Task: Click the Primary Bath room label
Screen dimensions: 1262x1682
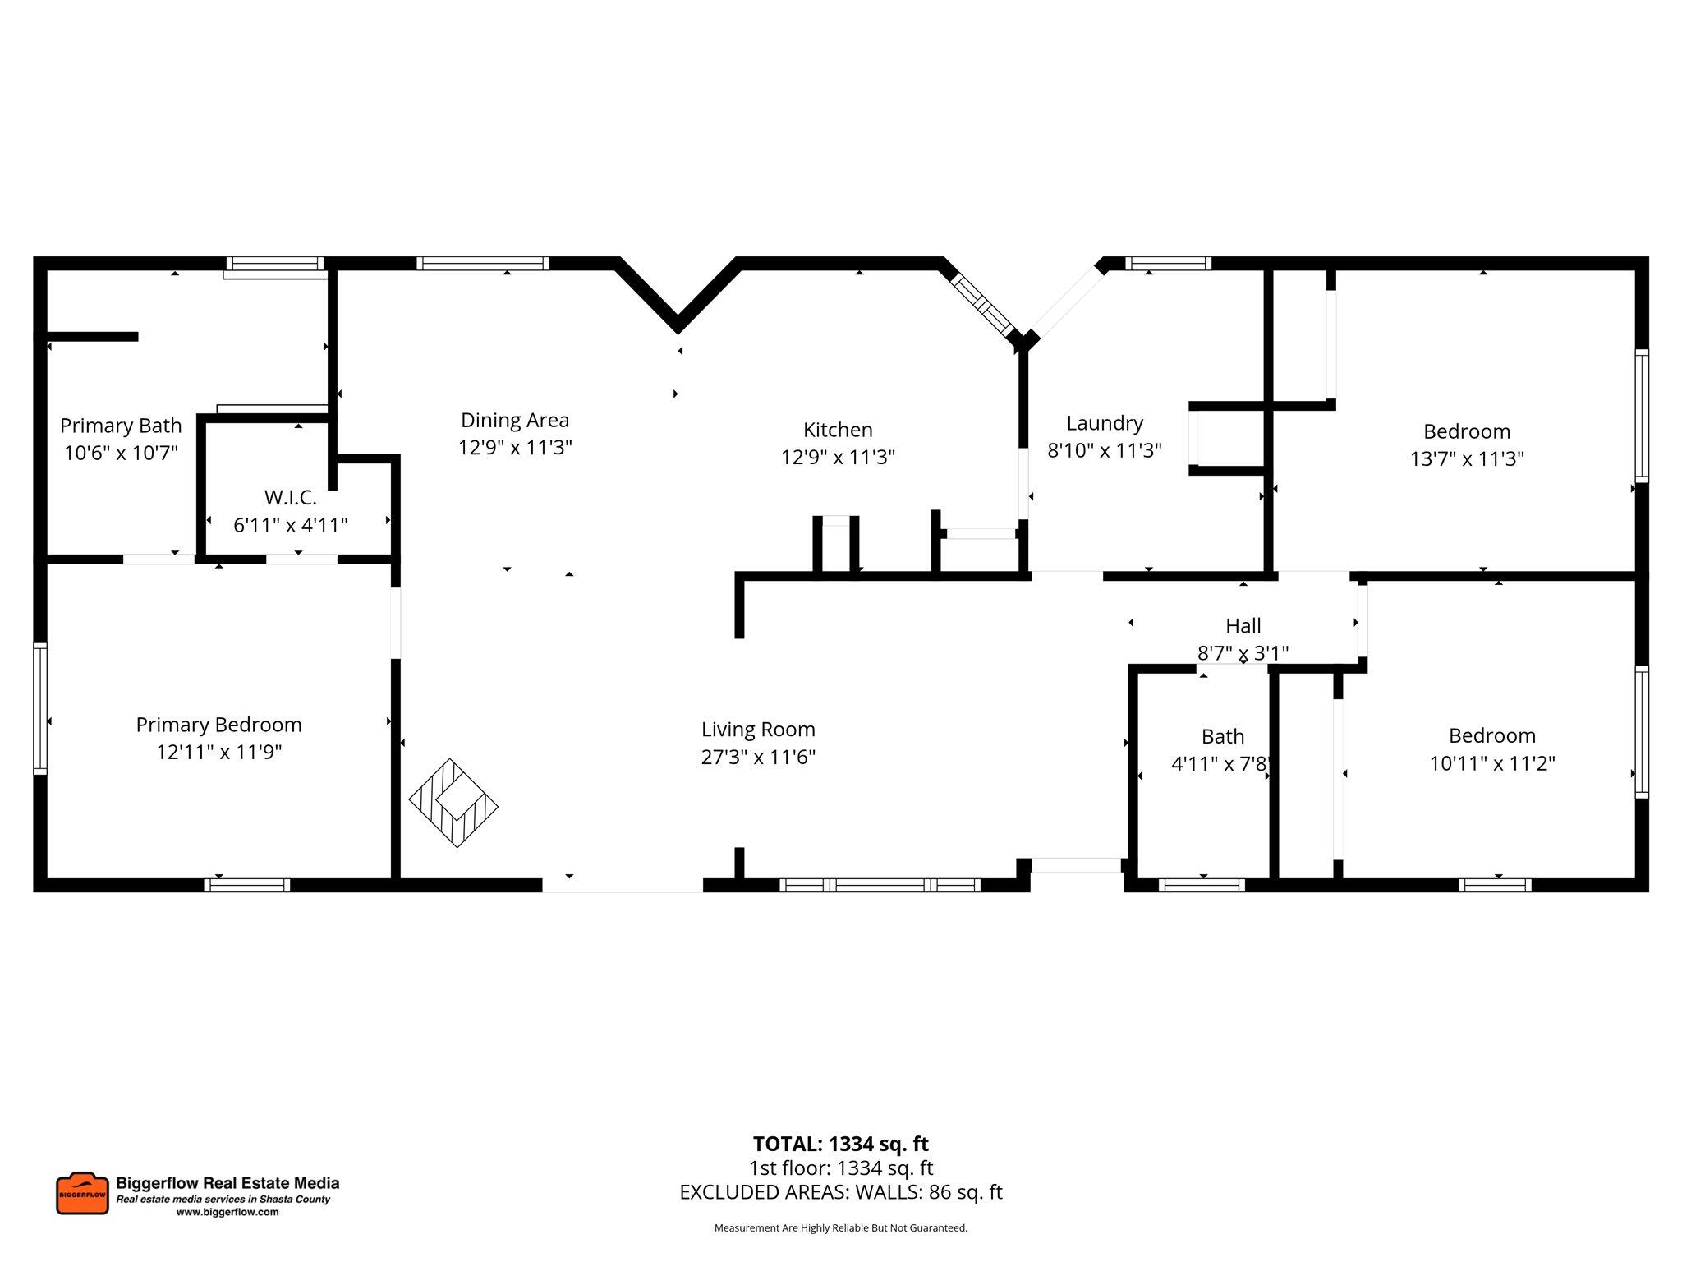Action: (x=121, y=426)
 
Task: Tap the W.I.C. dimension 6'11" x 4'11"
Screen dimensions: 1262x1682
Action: (x=291, y=525)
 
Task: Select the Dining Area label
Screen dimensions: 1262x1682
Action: (x=515, y=420)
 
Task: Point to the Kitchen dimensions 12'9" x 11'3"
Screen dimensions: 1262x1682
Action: (x=838, y=457)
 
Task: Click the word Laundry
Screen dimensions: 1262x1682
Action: (x=1105, y=423)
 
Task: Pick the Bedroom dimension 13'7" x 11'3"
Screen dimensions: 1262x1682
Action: (x=1467, y=458)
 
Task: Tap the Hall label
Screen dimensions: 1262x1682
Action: (x=1243, y=626)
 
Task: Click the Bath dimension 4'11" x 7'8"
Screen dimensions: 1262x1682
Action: (x=1221, y=763)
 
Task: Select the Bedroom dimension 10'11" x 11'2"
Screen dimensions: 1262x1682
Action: (x=1492, y=762)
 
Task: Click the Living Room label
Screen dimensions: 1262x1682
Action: (x=758, y=730)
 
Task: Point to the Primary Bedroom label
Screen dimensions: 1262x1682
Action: (x=218, y=725)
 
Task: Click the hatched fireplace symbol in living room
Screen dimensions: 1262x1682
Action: (x=453, y=803)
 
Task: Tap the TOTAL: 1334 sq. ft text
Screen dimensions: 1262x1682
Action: (x=840, y=1144)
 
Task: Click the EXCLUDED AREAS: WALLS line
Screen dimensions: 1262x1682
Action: (x=840, y=1192)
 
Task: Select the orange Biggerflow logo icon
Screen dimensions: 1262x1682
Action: (x=82, y=1194)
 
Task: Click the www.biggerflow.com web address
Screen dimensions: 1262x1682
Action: (x=227, y=1212)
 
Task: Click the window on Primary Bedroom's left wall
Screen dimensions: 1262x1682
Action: (x=39, y=708)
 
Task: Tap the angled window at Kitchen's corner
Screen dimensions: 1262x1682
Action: (x=982, y=304)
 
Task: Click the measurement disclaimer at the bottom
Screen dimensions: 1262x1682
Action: (x=840, y=1228)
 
